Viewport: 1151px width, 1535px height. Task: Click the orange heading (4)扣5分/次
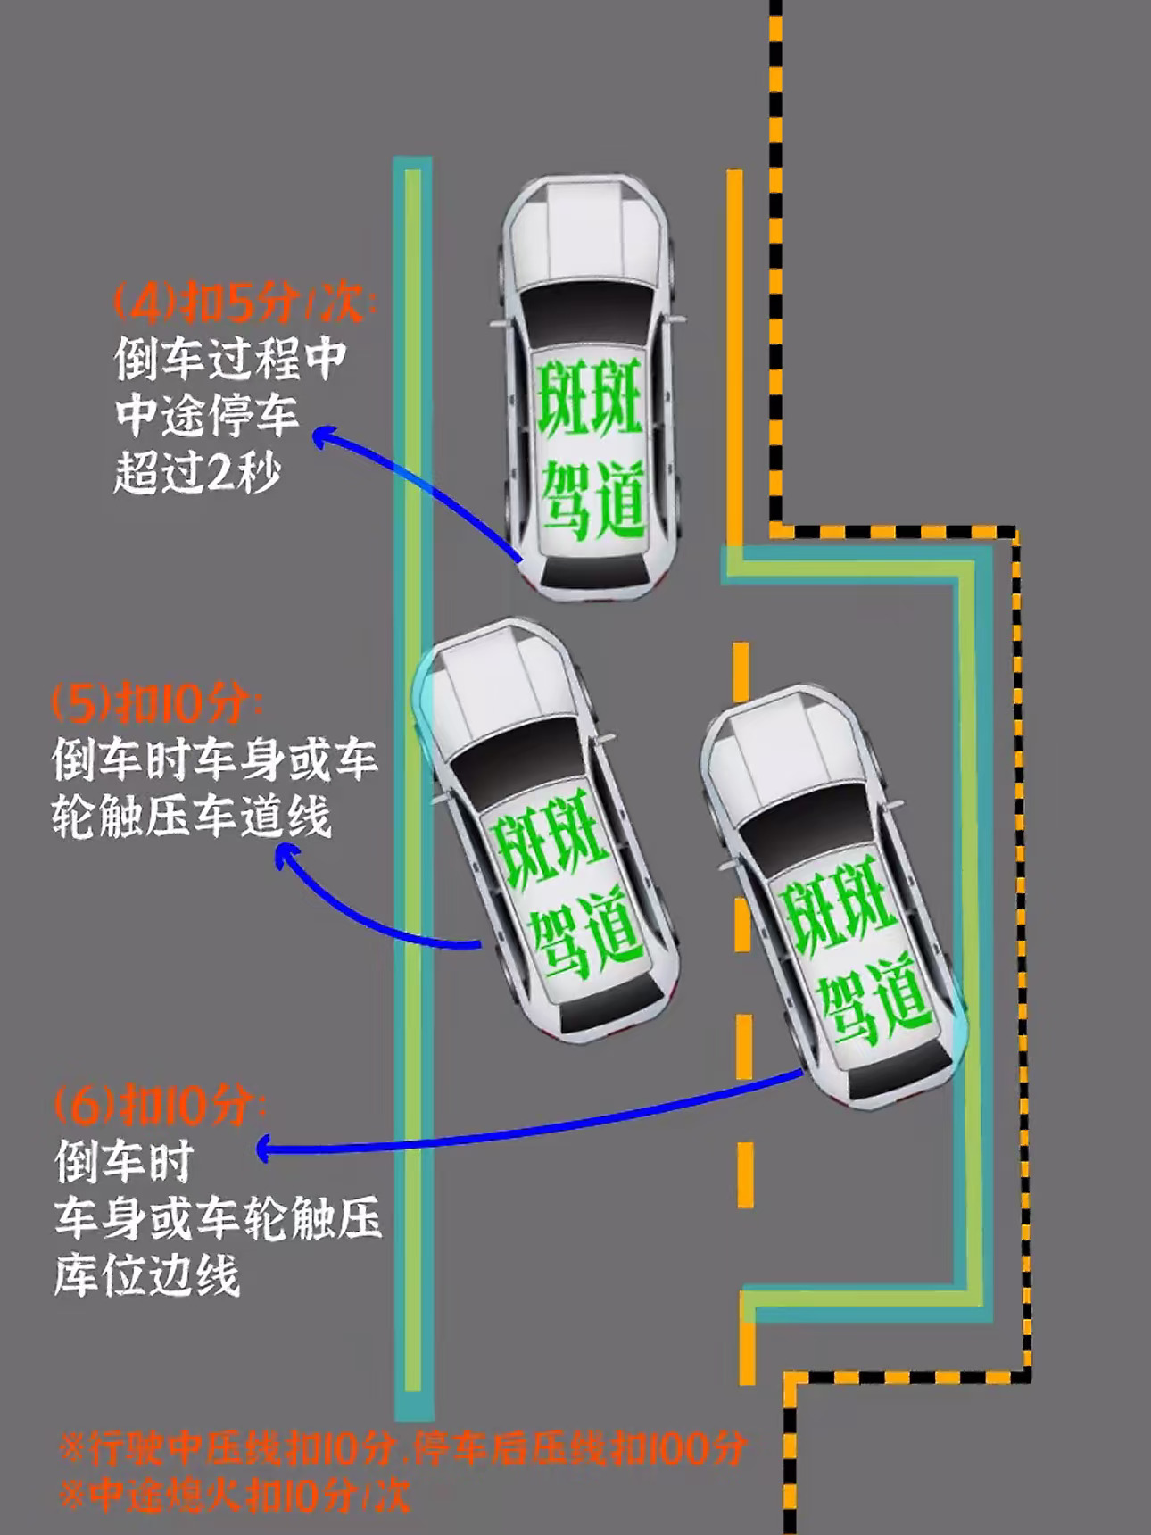(x=244, y=304)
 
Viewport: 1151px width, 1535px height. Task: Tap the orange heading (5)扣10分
(x=157, y=704)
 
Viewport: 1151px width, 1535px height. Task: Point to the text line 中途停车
(x=207, y=416)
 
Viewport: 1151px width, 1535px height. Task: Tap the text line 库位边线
(x=147, y=1275)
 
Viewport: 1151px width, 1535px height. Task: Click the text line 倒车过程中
(x=230, y=360)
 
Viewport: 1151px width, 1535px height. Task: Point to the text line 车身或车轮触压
(x=218, y=1219)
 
